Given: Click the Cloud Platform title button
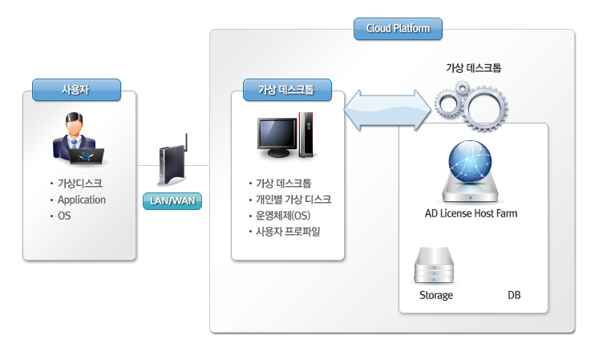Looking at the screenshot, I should point(398,29).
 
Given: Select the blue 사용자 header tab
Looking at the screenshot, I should point(77,89).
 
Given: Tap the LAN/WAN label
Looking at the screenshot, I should point(172,200).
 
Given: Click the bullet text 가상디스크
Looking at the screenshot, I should point(80,183).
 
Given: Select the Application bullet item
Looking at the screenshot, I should point(82,200).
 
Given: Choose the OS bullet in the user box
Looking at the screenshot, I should point(65,216).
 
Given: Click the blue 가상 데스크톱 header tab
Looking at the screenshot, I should point(288,89).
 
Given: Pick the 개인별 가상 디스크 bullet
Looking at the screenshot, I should point(293,200).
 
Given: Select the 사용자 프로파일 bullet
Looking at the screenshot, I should point(289,233).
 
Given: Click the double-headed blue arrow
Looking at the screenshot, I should point(388,110).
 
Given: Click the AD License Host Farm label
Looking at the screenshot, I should point(471,214).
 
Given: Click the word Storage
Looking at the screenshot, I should point(436,295).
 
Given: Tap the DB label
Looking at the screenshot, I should point(514,295).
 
